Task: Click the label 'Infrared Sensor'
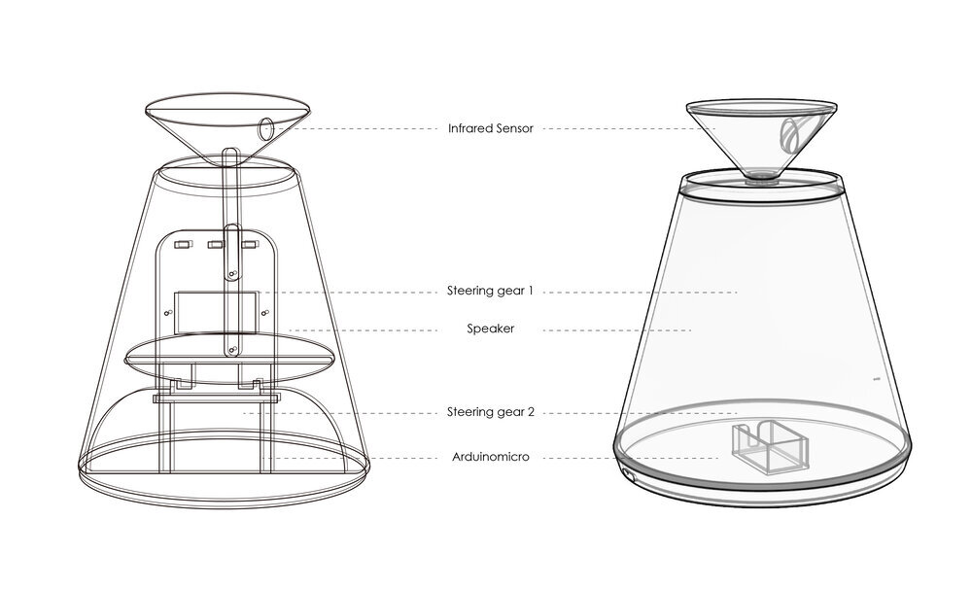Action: (490, 129)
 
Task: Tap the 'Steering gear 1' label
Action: (490, 291)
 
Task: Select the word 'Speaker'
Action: (490, 329)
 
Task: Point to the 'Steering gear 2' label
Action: (490, 412)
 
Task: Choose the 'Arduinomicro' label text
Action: (490, 458)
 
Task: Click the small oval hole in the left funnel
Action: (266, 129)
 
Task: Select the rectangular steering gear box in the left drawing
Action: (215, 312)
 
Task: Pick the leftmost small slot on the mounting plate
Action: (182, 245)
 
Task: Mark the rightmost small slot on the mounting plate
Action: (249, 245)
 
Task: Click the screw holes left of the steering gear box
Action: (167, 314)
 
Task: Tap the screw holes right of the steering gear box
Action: (264, 312)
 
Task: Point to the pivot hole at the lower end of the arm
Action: (232, 350)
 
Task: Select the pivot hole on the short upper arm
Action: (232, 273)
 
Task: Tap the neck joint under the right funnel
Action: (762, 179)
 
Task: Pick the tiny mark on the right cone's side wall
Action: (877, 378)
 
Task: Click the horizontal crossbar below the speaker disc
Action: (217, 398)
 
